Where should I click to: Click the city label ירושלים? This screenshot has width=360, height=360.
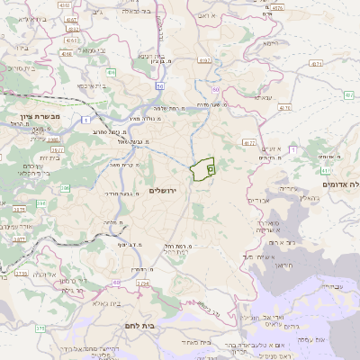coord(165,190)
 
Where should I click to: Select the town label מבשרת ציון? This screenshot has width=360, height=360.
coord(39,115)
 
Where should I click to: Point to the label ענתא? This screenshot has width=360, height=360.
coord(264,97)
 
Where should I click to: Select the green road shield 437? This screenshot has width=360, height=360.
coord(348,94)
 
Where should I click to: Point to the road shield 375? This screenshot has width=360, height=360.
coord(41,328)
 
